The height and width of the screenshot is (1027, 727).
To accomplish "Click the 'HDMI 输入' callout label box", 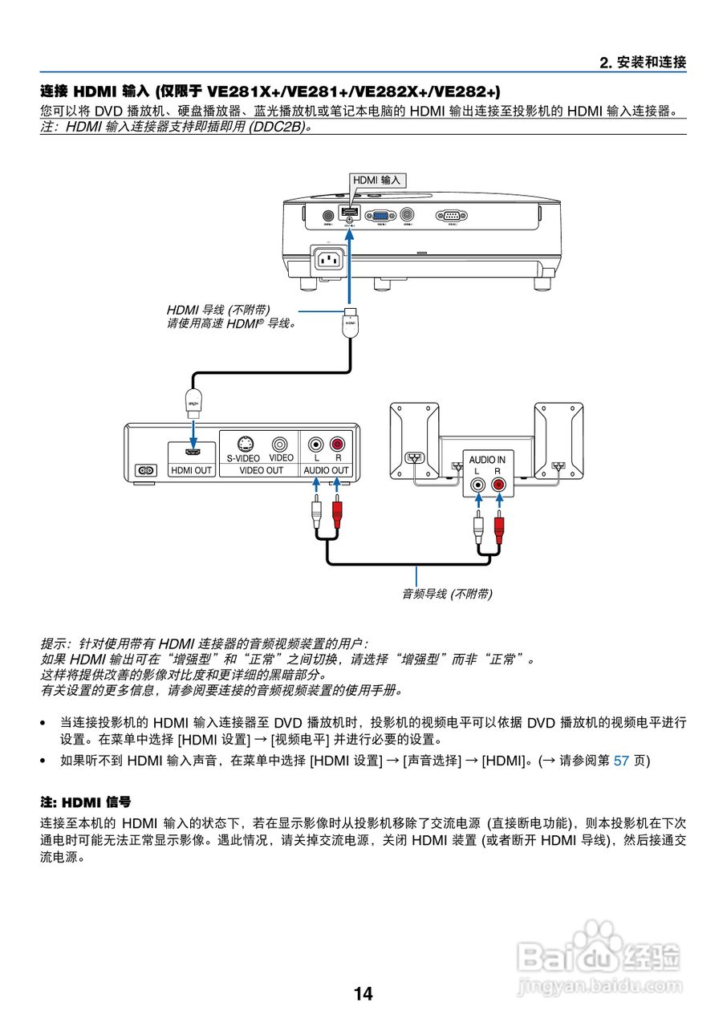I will click(376, 181).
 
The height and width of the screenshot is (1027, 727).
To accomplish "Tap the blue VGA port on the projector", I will click(380, 215).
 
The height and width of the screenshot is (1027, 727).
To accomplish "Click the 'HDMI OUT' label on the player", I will click(192, 470).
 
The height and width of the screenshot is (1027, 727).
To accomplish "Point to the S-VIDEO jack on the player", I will click(246, 444).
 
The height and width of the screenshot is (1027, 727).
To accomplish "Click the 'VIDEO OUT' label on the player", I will click(262, 470).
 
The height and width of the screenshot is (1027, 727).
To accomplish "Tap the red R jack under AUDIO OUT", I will click(337, 444).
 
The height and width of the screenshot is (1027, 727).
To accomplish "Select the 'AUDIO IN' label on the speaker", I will click(487, 460).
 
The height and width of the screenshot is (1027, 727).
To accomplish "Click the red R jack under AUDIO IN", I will click(499, 485).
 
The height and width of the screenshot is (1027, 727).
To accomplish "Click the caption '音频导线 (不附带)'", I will click(447, 594).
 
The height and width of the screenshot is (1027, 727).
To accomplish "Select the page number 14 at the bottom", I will click(363, 994).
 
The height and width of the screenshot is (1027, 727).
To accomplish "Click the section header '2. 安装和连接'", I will click(643, 62).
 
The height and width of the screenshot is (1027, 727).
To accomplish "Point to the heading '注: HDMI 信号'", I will click(86, 802).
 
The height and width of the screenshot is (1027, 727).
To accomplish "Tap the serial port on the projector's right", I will click(451, 215).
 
